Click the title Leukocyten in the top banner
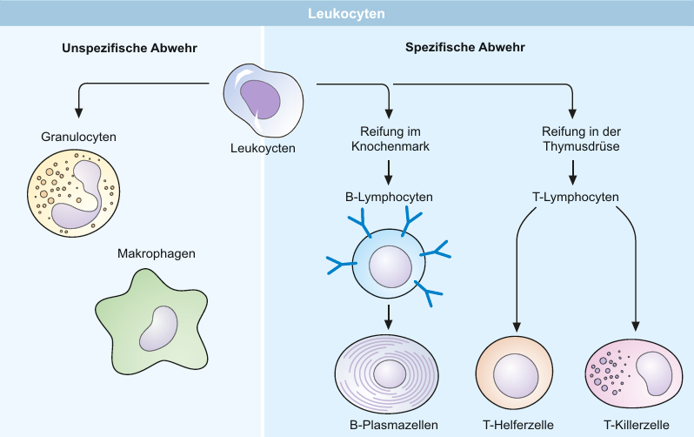tap(346, 14)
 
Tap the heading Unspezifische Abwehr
tap(130, 48)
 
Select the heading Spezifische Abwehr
tap(465, 47)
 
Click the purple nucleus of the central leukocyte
tap(260, 99)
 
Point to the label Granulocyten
tap(79, 137)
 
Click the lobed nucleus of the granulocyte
tap(82, 195)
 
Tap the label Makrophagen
tap(157, 253)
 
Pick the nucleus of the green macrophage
tap(158, 328)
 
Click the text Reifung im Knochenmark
tap(390, 138)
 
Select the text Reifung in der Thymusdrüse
tap(581, 138)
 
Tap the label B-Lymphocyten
tap(389, 197)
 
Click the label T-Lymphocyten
tap(576, 197)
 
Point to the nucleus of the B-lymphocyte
tap(390, 266)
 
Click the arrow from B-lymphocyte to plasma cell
tap(388, 317)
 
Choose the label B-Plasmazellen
tap(394, 425)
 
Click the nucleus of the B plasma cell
tap(390, 373)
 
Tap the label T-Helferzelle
tap(518, 425)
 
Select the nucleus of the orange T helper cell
tap(516, 376)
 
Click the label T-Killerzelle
tap(637, 425)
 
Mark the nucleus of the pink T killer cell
tap(654, 373)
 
